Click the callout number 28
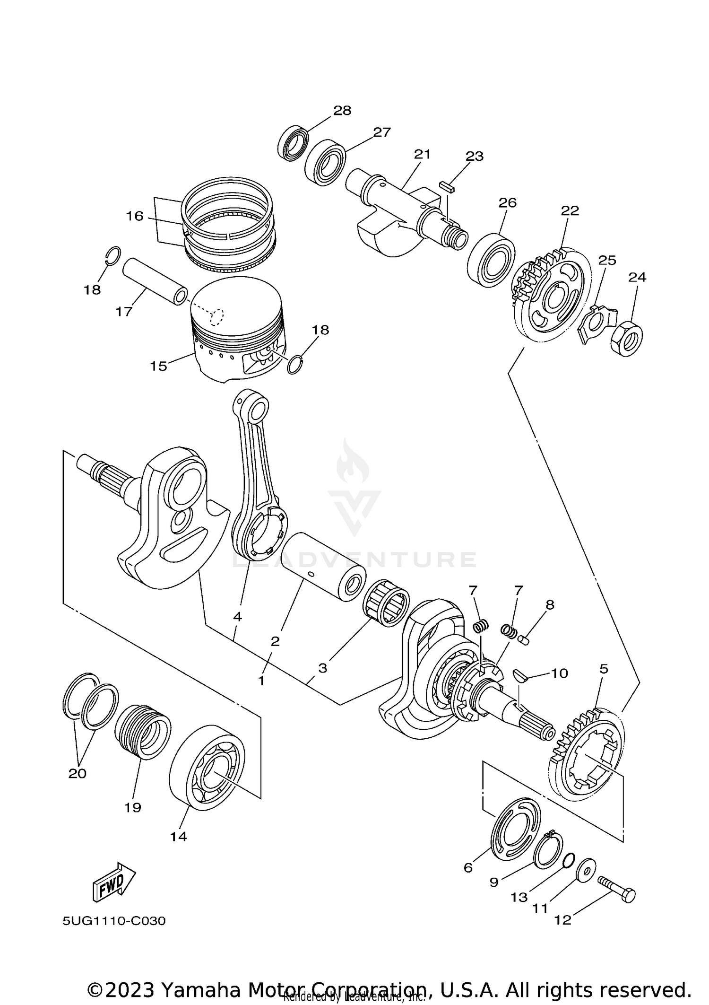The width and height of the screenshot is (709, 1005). click(342, 111)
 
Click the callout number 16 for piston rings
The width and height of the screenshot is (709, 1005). click(134, 216)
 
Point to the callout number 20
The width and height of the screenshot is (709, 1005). click(78, 773)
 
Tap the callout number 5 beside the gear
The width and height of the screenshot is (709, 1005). click(604, 669)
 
